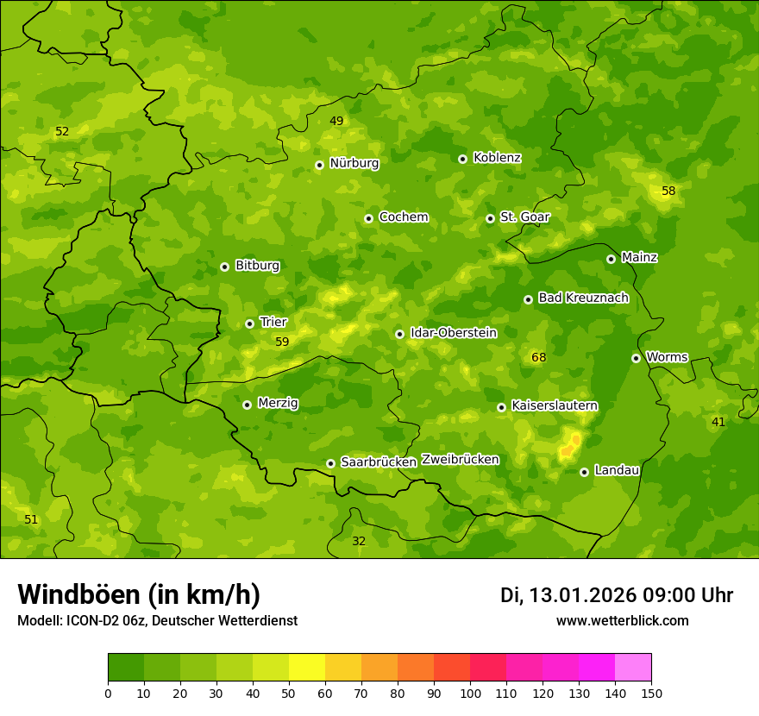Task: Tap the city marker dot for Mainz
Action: pos(611,259)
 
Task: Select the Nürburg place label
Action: pos(354,163)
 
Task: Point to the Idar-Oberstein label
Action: pos(453,333)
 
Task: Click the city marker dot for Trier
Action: pos(249,323)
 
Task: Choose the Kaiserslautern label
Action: pos(555,405)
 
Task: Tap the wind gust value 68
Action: pos(539,357)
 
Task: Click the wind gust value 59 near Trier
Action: pos(282,342)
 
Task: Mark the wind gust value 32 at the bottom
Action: pos(359,541)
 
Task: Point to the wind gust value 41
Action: pos(718,422)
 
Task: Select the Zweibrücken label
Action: pos(461,460)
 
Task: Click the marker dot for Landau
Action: pos(584,472)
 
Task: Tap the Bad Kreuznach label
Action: pos(583,298)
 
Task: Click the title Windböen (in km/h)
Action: pos(139,594)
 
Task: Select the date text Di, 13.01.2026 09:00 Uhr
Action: pos(616,595)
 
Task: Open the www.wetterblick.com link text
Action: pos(622,620)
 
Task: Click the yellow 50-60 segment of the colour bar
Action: pos(307,668)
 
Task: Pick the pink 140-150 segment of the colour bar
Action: pos(633,668)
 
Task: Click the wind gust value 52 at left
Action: pos(62,132)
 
